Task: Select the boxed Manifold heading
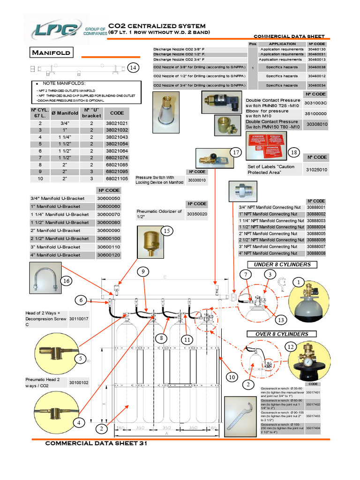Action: [51, 52]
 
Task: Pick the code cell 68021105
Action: [117, 179]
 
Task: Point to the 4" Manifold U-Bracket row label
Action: [55, 255]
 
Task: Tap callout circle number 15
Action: [166, 231]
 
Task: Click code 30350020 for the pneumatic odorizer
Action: [197, 214]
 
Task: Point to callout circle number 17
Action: [237, 153]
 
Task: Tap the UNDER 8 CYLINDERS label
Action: [282, 265]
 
